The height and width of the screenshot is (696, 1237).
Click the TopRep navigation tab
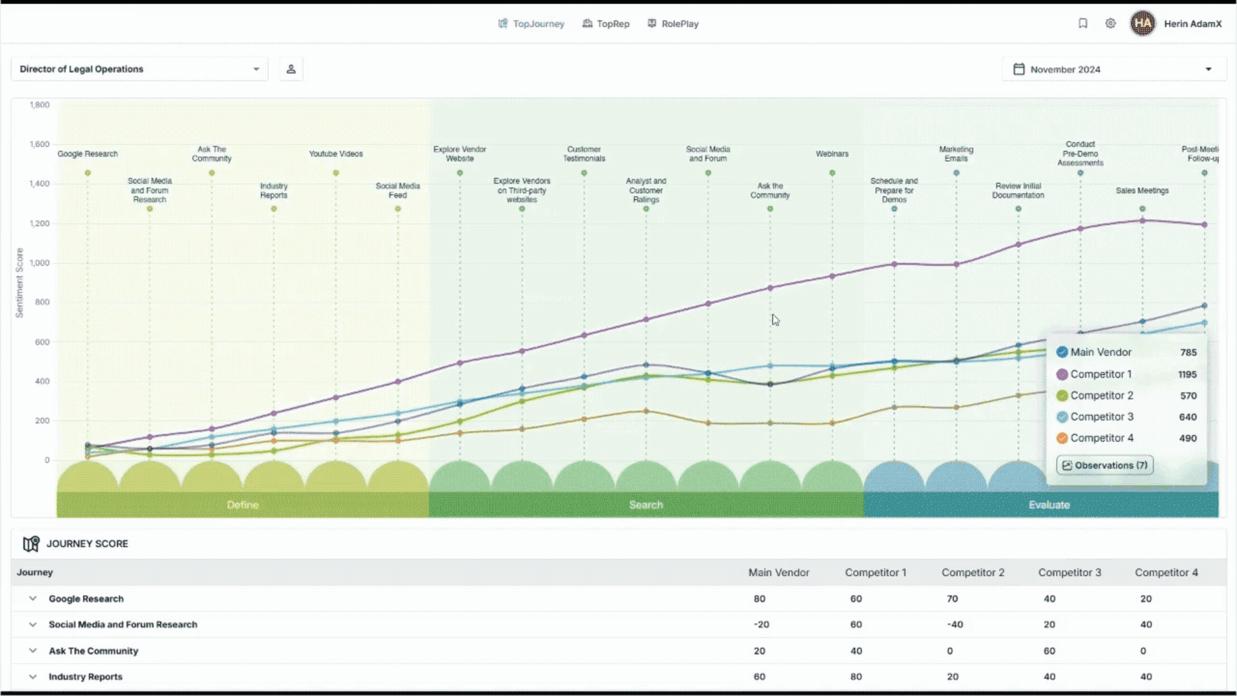coord(606,24)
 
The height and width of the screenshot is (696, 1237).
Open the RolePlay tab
coord(673,24)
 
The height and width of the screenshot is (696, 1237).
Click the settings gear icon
coord(1110,23)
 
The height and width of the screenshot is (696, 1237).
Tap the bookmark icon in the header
coord(1083,23)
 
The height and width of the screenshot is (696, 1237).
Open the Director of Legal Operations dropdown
coord(139,69)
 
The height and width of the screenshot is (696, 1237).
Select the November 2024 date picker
coord(1113,69)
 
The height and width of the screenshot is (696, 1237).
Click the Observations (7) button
coord(1104,465)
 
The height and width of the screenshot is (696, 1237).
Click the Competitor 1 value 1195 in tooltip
coord(1187,374)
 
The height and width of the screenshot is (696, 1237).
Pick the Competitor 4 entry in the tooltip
coord(1102,438)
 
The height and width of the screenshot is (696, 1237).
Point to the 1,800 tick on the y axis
coord(39,104)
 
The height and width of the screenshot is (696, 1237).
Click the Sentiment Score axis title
coord(19,283)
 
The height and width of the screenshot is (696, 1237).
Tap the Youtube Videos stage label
coord(336,154)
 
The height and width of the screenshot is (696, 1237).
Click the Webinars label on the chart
coord(832,154)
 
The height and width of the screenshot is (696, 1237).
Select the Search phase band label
coord(646,505)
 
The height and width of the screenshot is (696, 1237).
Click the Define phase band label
coord(243,505)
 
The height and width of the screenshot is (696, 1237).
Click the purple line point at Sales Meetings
coord(1142,220)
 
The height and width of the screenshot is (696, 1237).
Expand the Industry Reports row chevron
coord(33,677)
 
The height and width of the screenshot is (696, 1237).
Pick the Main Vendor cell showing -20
coord(761,624)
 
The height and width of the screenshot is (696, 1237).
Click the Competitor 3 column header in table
coord(1069,572)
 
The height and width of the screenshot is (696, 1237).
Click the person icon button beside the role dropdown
coord(291,69)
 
